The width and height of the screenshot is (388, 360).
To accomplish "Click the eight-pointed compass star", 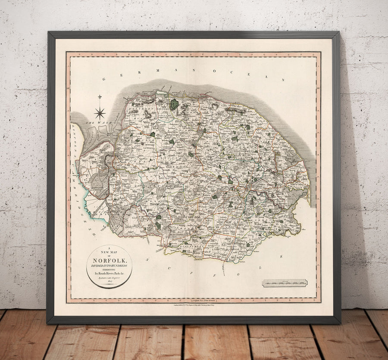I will pyautogui.click(x=100, y=113).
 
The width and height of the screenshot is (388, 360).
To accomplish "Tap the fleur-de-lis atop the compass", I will pyautogui.click(x=100, y=98).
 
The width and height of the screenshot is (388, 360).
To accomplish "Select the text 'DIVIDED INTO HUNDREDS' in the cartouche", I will pyautogui.click(x=110, y=266).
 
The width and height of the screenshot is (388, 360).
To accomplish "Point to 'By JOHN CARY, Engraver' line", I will pyautogui.click(x=110, y=279).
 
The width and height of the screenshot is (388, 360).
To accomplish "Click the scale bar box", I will pyautogui.click(x=285, y=283).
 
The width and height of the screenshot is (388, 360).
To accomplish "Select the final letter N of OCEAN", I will pyautogui.click(x=284, y=79).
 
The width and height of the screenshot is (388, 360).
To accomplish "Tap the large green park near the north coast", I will pyautogui.click(x=174, y=105).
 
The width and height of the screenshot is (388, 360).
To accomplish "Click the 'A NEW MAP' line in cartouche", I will pyautogui.click(x=110, y=251).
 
